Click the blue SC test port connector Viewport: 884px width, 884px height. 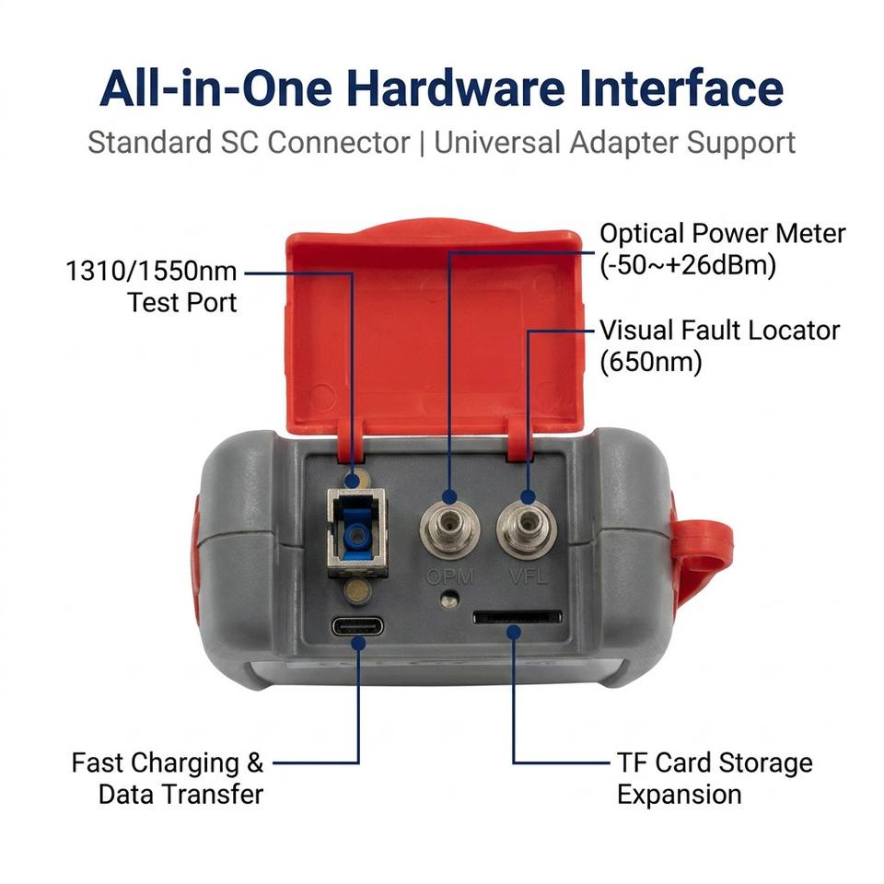point(356,533)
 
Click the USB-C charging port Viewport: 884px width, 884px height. point(357,626)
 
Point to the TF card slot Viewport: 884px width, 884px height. point(518,617)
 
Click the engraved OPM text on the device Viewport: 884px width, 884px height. point(450,576)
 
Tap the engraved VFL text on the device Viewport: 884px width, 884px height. point(528,576)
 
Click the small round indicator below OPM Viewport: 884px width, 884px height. point(449,599)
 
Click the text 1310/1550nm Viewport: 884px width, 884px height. point(151,271)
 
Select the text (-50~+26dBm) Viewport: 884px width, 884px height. point(688,265)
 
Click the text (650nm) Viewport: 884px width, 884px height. point(651,362)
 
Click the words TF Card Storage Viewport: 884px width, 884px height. point(715,762)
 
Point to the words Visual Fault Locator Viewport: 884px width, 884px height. point(719,331)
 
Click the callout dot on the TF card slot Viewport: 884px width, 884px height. point(513,632)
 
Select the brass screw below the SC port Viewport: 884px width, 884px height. point(357,592)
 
